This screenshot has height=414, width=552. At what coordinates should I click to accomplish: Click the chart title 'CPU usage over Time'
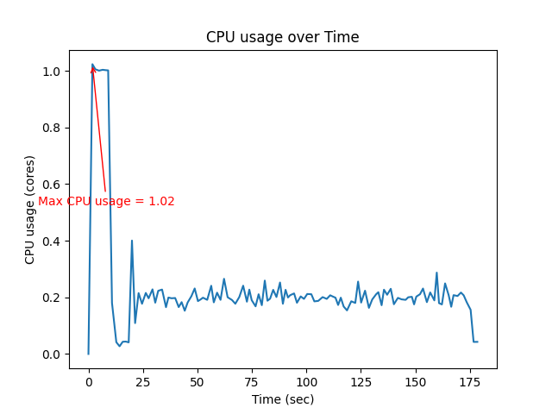[x=282, y=37]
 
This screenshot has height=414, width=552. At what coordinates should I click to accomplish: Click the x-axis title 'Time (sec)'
[x=282, y=399]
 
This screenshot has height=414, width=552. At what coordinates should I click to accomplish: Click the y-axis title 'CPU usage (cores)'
[x=30, y=210]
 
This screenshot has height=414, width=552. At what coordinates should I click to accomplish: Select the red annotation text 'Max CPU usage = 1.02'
[x=106, y=201]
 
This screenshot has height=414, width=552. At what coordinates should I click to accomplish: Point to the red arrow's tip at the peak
[x=92, y=66]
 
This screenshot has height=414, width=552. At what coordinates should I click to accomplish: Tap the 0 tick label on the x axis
[x=88, y=382]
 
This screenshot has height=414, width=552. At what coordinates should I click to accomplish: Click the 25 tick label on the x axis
[x=142, y=382]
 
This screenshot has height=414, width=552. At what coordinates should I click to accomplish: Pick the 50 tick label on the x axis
[x=197, y=382]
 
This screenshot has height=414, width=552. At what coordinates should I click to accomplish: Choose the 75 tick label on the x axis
[x=251, y=382]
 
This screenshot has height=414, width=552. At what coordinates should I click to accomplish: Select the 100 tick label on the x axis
[x=305, y=382]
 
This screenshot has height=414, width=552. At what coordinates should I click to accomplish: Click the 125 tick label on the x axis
[x=360, y=382]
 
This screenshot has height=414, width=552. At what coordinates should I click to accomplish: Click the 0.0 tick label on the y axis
[x=53, y=354]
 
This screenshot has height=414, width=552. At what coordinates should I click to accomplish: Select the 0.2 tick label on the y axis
[x=53, y=298]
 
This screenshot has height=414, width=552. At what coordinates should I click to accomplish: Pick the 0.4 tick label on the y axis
[x=53, y=241]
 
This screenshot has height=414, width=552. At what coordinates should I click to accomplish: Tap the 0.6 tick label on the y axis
[x=53, y=185]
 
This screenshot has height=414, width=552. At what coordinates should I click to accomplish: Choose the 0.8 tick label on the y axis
[x=53, y=128]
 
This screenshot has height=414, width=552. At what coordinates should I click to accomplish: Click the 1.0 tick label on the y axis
[x=53, y=71]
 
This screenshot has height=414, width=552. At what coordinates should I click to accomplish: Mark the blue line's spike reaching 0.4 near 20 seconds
[x=132, y=241]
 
